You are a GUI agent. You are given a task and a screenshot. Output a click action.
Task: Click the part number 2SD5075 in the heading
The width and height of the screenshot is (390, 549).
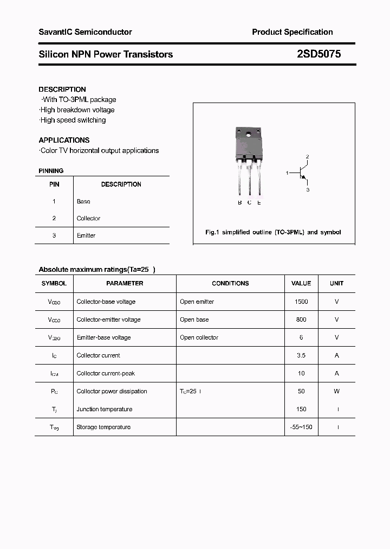pyautogui.click(x=319, y=54)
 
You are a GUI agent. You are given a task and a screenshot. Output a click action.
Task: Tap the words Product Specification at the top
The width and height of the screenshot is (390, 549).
pyautogui.click(x=292, y=32)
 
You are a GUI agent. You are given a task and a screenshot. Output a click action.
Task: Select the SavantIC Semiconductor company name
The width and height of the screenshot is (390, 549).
pyautogui.click(x=85, y=32)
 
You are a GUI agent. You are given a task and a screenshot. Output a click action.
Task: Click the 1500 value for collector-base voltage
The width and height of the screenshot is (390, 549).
pyautogui.click(x=301, y=302)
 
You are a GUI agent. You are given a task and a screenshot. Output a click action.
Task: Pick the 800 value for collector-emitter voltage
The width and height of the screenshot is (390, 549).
pyautogui.click(x=301, y=320)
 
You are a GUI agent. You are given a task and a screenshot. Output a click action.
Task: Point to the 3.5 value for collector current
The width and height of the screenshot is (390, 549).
pyautogui.click(x=301, y=355)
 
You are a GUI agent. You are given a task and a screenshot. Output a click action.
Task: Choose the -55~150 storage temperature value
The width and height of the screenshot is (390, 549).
pyautogui.click(x=301, y=427)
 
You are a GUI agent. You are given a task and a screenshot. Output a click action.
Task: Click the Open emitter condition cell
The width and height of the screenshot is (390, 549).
pyautogui.click(x=197, y=302)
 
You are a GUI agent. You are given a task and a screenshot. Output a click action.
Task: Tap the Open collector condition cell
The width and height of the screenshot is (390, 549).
pyautogui.click(x=199, y=337)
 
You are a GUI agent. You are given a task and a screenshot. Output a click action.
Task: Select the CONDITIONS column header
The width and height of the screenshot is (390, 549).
pyautogui.click(x=230, y=283)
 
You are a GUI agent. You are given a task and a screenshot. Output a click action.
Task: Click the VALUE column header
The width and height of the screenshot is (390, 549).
pyautogui.click(x=301, y=283)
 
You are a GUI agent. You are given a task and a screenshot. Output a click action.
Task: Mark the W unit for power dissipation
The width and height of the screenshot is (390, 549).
pyautogui.click(x=336, y=391)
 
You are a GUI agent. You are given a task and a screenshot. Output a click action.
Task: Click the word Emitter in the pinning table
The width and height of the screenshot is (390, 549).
pyautogui.click(x=86, y=235)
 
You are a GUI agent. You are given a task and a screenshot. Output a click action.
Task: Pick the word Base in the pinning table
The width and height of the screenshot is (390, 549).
pyautogui.click(x=83, y=201)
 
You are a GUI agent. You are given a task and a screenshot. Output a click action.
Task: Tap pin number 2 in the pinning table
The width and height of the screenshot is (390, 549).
pyautogui.click(x=54, y=218)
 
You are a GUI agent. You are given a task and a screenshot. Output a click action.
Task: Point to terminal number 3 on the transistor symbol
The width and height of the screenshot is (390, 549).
pyautogui.click(x=308, y=190)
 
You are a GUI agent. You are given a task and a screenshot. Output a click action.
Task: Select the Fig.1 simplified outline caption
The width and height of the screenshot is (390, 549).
pyautogui.click(x=273, y=232)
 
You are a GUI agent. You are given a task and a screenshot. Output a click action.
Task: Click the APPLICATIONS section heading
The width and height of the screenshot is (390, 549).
pyautogui.click(x=64, y=140)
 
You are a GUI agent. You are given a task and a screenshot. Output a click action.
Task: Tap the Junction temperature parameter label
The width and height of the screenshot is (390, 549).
pyautogui.click(x=105, y=409)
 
